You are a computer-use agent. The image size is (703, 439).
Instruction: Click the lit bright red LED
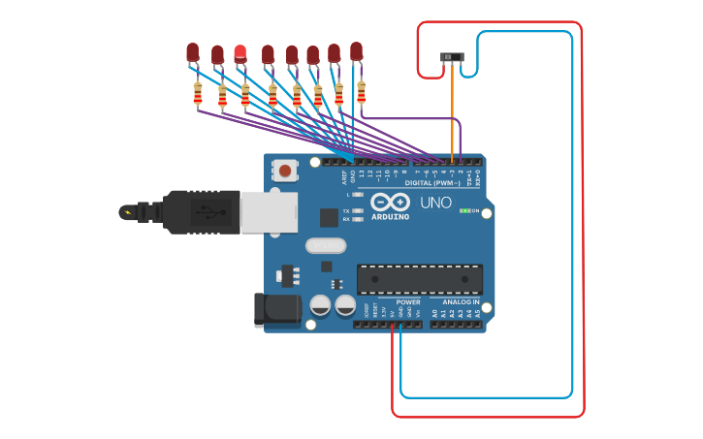(240, 52)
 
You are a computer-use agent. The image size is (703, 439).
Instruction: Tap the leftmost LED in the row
(193, 51)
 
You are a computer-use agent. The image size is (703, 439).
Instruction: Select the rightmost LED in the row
(357, 50)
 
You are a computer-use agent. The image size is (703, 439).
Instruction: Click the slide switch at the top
(452, 58)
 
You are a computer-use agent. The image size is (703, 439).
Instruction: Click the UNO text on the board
(435, 203)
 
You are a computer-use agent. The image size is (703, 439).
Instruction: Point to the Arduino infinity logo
(390, 203)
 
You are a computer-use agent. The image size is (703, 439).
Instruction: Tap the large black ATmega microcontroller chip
(419, 279)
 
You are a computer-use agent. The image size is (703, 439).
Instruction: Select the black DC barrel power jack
(276, 309)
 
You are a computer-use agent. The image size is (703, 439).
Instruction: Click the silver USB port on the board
(269, 212)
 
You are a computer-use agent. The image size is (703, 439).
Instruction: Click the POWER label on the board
(408, 302)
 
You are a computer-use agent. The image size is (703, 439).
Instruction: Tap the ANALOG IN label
(456, 302)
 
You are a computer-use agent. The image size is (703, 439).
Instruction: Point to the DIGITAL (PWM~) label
(432, 182)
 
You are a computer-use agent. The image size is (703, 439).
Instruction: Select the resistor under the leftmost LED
(198, 94)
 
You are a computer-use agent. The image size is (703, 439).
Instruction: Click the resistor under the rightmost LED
(362, 91)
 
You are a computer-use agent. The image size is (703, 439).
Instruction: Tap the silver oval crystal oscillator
(326, 245)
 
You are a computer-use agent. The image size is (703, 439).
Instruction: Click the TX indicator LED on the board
(358, 210)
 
